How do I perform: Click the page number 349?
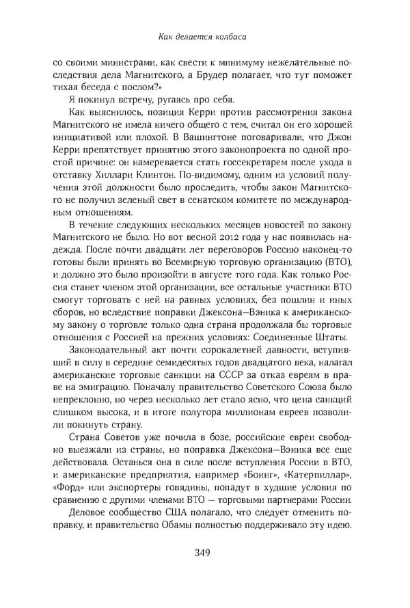click(205, 553)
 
